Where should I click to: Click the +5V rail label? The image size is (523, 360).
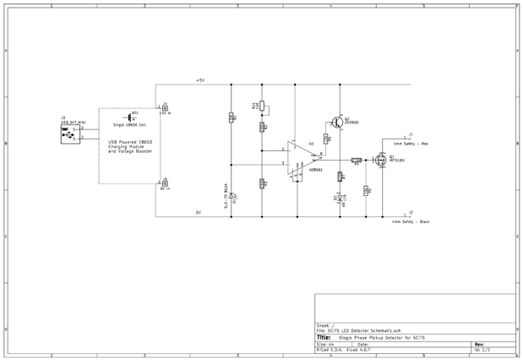click(x=200, y=80)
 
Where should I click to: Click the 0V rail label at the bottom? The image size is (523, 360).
click(x=199, y=212)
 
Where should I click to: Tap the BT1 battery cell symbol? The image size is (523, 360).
click(x=131, y=117)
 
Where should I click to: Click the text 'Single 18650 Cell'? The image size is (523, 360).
click(x=129, y=125)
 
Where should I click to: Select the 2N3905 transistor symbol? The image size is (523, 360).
click(x=337, y=121)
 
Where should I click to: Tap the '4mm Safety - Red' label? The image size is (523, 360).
click(x=411, y=144)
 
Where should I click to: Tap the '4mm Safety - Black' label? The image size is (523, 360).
click(x=411, y=221)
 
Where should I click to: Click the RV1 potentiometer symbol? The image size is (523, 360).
click(x=261, y=106)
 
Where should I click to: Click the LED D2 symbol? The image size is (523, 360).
click(x=340, y=200)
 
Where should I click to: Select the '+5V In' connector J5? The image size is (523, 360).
click(x=165, y=107)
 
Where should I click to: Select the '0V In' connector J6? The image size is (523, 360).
click(x=165, y=183)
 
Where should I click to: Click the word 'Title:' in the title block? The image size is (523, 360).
click(x=324, y=337)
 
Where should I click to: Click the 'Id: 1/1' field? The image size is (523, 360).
click(x=482, y=349)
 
